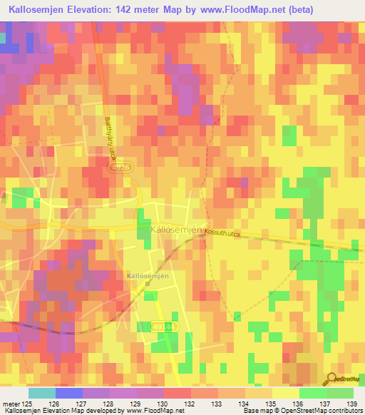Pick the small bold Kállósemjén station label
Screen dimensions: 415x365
146,275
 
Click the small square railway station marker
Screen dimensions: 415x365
148,283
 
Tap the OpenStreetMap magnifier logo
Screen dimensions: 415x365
333,379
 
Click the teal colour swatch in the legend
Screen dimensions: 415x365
41,393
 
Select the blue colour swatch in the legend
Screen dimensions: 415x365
68,393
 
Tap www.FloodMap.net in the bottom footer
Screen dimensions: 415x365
133,411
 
